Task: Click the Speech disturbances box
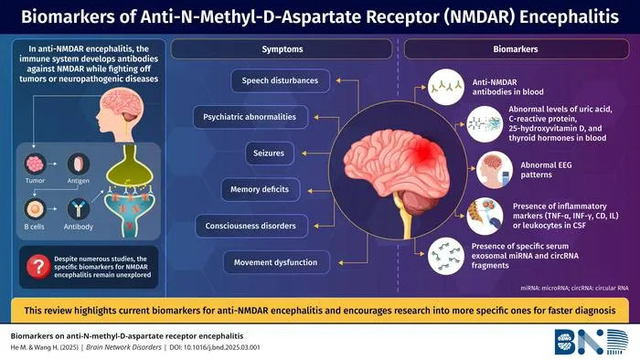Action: pos(280,80)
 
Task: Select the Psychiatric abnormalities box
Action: pos(250,117)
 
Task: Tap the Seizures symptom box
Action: pos(269,154)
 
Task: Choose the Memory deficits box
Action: pos(260,189)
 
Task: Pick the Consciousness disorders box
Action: pos(251,226)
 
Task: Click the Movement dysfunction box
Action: pos(276,262)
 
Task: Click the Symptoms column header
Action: pos(282,49)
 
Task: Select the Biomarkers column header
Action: pos(516,49)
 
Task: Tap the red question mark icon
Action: pos(38,267)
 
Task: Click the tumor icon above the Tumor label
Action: pos(35,164)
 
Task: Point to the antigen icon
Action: pos(79,164)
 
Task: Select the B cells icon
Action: pos(35,210)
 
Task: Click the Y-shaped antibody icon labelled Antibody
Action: pos(79,209)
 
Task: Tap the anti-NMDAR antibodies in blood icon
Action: pos(446,87)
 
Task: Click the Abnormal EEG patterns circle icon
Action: pos(495,170)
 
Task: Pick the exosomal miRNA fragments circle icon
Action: pos(446,256)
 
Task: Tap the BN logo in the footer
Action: pos(592,342)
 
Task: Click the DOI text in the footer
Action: pos(215,347)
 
